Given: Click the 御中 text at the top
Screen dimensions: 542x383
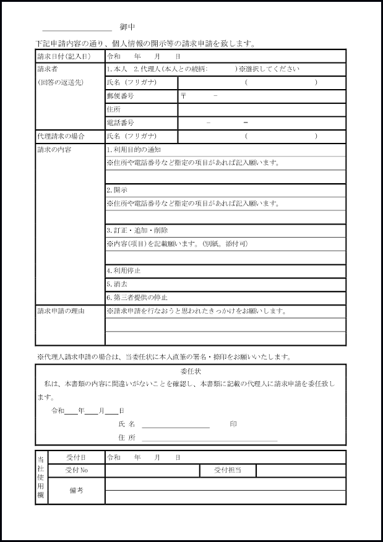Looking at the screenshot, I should pyautogui.click(x=127, y=28).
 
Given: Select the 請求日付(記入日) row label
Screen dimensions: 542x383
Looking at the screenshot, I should pyautogui.click(x=64, y=56).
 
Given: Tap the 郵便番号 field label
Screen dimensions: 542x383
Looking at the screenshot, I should pyautogui.click(x=120, y=96).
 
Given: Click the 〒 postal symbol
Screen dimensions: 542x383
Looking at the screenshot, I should pyautogui.click(x=184, y=97).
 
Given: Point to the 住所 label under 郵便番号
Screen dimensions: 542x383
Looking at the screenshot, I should pyautogui.click(x=113, y=110).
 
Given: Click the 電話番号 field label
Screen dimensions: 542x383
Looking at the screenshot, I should pyautogui.click(x=120, y=123).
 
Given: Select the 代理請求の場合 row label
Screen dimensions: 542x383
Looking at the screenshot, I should pyautogui.click(x=61, y=136).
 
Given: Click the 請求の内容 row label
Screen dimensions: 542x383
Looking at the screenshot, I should pyautogui.click(x=54, y=150).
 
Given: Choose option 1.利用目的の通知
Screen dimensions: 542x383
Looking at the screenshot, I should pyautogui.click(x=134, y=150).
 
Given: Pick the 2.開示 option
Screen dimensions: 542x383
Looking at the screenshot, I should pyautogui.click(x=117, y=190).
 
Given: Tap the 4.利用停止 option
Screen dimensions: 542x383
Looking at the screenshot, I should pyautogui.click(x=124, y=271).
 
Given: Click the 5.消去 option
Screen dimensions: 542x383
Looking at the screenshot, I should pyautogui.click(x=117, y=285).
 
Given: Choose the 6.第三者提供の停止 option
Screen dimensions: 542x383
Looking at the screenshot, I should pyautogui.click(x=137, y=298).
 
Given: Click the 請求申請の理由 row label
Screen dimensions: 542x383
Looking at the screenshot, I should pyautogui.click(x=61, y=311).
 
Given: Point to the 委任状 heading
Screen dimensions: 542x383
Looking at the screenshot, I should pyautogui.click(x=191, y=372).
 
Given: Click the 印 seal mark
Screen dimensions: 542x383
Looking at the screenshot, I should pyautogui.click(x=233, y=424).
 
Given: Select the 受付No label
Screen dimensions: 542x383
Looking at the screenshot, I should pyautogui.click(x=77, y=471).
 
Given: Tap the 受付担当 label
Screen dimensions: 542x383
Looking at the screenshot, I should pyautogui.click(x=228, y=471).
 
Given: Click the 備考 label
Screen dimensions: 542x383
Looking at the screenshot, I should pyautogui.click(x=77, y=491).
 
